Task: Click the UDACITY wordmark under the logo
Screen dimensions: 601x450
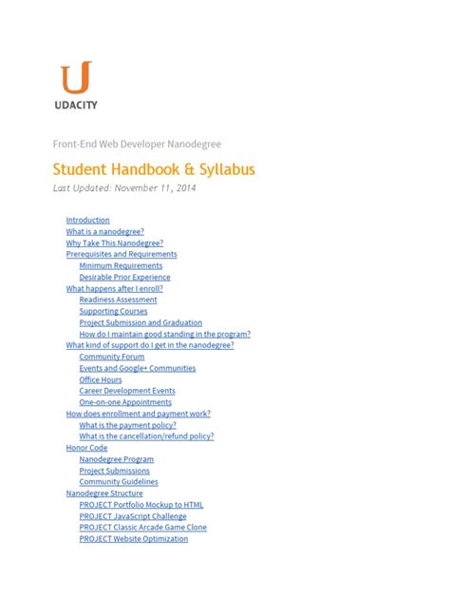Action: click(75, 105)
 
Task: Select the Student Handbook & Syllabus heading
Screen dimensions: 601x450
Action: click(153, 169)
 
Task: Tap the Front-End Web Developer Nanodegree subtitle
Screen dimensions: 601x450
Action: click(136, 144)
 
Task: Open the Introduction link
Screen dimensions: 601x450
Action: click(87, 220)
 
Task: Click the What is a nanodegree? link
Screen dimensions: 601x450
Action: click(104, 231)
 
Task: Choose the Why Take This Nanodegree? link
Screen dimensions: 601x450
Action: click(114, 242)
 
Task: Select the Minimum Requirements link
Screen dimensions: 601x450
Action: click(121, 265)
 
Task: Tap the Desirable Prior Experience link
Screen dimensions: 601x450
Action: click(124, 277)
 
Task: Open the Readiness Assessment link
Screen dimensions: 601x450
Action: click(118, 300)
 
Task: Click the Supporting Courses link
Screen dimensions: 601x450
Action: click(113, 311)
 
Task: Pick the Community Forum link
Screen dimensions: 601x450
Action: click(112, 357)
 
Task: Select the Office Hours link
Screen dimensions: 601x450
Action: click(101, 379)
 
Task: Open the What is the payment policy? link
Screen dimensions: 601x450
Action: click(127, 425)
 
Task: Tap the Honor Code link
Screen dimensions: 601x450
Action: click(86, 448)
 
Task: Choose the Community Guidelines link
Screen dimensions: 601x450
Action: click(119, 482)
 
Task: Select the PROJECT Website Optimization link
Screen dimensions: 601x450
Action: click(134, 539)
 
